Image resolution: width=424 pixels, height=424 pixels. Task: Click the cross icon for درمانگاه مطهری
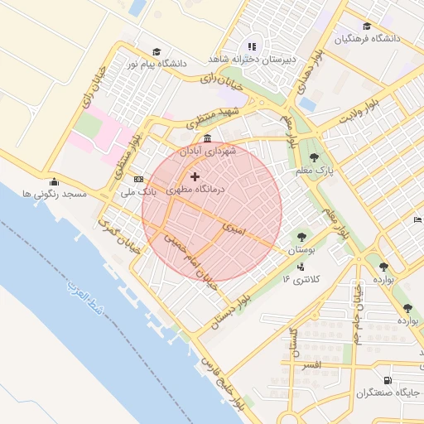195,176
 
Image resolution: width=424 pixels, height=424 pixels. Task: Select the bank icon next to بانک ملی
138,179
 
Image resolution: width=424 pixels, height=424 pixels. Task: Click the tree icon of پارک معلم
313,157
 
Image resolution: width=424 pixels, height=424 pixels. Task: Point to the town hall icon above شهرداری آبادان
206,139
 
